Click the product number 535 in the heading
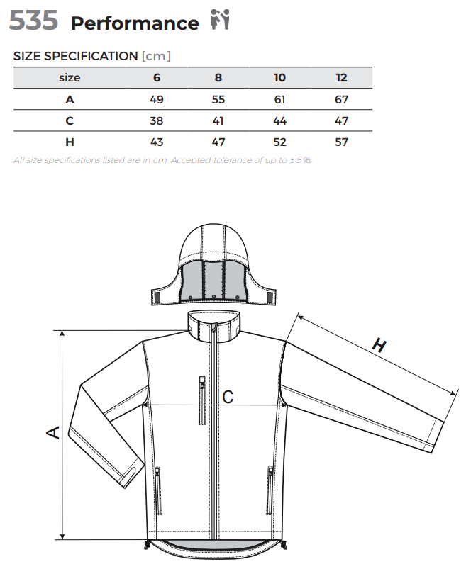(x=33, y=21)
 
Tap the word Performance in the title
(x=135, y=23)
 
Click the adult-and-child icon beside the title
(x=220, y=19)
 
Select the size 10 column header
(x=279, y=78)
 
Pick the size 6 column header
(x=157, y=78)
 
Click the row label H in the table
(x=70, y=142)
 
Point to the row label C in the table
(x=70, y=120)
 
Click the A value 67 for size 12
(x=341, y=99)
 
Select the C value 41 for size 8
(x=218, y=120)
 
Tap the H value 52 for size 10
(x=279, y=142)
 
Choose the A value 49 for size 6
(x=157, y=99)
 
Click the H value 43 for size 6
(x=157, y=142)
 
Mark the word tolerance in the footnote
(x=231, y=160)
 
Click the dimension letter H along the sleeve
(x=379, y=345)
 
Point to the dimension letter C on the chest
(x=228, y=397)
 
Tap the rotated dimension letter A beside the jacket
(x=53, y=432)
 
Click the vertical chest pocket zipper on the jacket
(x=202, y=400)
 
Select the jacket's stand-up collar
(x=214, y=325)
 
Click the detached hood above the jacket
(x=213, y=264)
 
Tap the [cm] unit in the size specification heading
(x=156, y=56)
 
